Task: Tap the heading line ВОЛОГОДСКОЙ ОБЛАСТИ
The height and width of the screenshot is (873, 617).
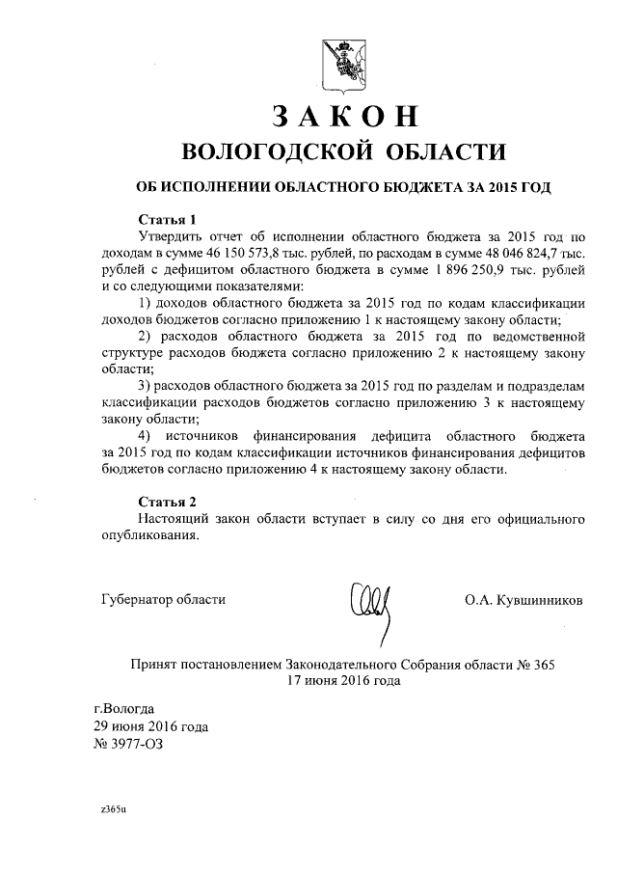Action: pos(343,151)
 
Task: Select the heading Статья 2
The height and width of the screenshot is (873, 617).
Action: pos(167,502)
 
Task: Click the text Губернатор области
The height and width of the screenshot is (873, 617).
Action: pos(164,599)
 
